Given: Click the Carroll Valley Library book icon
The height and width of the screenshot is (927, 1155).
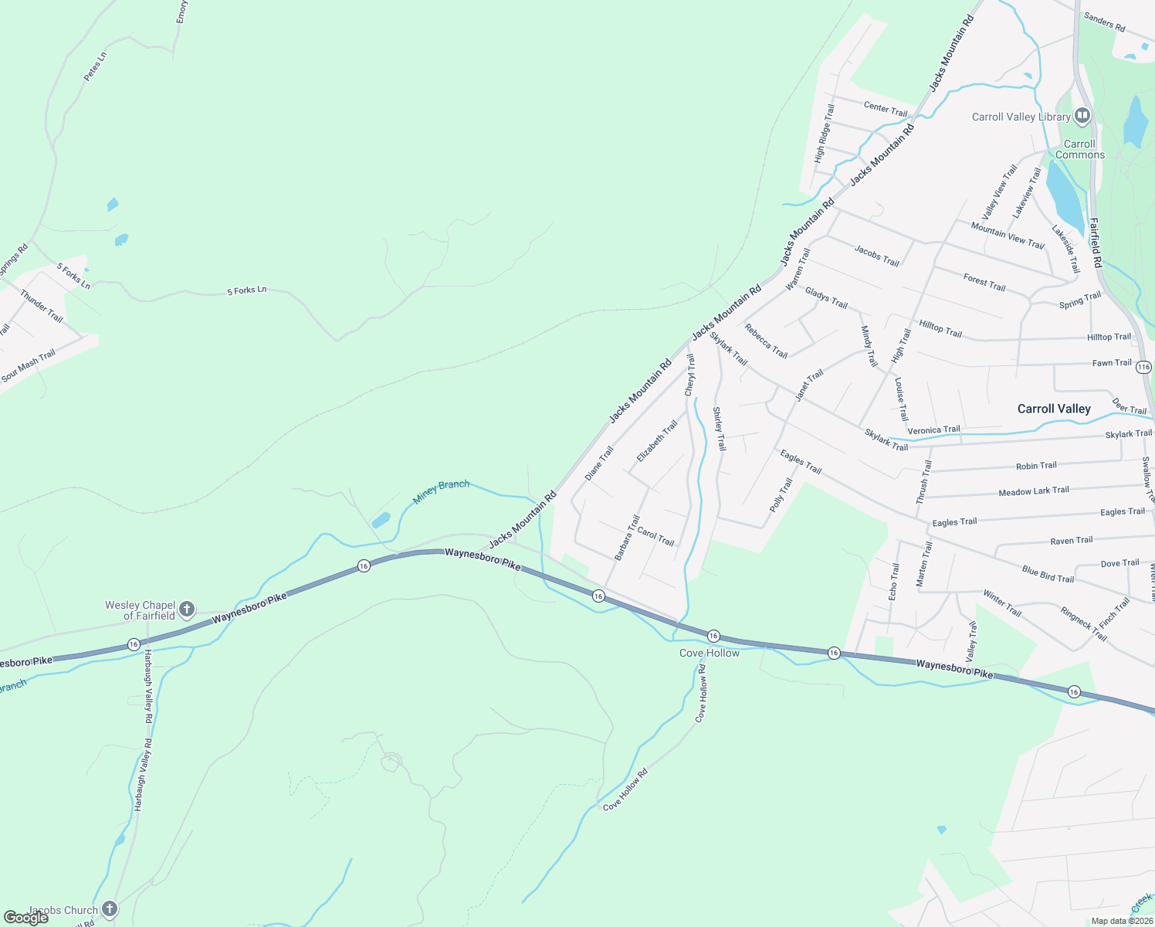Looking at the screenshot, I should [x=1082, y=117].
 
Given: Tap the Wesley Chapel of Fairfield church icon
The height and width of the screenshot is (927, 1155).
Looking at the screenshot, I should [x=187, y=610].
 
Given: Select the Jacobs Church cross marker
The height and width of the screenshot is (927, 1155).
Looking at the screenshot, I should [x=110, y=909].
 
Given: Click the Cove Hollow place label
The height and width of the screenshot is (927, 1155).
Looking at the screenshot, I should [x=710, y=653].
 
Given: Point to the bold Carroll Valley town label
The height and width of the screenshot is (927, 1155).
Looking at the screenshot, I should [x=1054, y=409].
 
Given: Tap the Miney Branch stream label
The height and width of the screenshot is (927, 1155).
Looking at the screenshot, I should [x=441, y=491].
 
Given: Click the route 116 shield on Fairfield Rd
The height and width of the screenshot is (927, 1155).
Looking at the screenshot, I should [x=1143, y=368].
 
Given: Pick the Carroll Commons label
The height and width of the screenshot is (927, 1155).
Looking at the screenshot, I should [x=1079, y=149].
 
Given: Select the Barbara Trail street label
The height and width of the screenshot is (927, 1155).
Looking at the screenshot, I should [x=627, y=538].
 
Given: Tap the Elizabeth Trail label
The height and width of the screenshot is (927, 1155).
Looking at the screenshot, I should [x=657, y=441].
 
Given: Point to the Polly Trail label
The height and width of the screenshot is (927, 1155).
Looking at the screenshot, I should [x=781, y=495].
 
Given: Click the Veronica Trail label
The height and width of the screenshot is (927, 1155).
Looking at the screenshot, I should [x=933, y=430].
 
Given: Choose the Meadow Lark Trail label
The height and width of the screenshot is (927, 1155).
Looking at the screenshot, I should [x=1034, y=491].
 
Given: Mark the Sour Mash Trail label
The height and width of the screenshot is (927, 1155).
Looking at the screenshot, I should [x=29, y=366].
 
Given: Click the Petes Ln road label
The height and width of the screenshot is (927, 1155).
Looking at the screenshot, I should [x=95, y=67].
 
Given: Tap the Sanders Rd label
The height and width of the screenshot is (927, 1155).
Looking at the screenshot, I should [x=1104, y=22].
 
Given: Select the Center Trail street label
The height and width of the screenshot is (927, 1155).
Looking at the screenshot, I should [x=886, y=109].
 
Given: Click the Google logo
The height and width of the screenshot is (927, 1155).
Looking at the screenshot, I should [x=26, y=917].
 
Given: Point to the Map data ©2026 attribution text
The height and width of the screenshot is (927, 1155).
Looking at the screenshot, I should [x=1121, y=921].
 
